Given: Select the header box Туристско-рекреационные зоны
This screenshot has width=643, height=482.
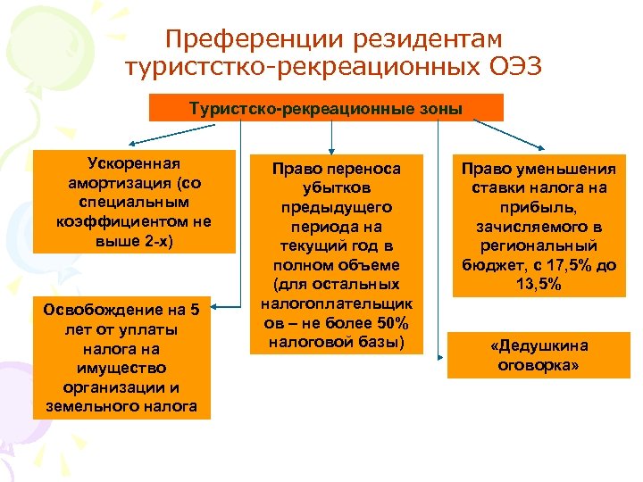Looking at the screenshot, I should coord(325,109).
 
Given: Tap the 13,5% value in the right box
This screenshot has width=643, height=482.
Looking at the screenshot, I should coord(537,284).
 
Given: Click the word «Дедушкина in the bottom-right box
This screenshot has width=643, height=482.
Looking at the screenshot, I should coord(539,345).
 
